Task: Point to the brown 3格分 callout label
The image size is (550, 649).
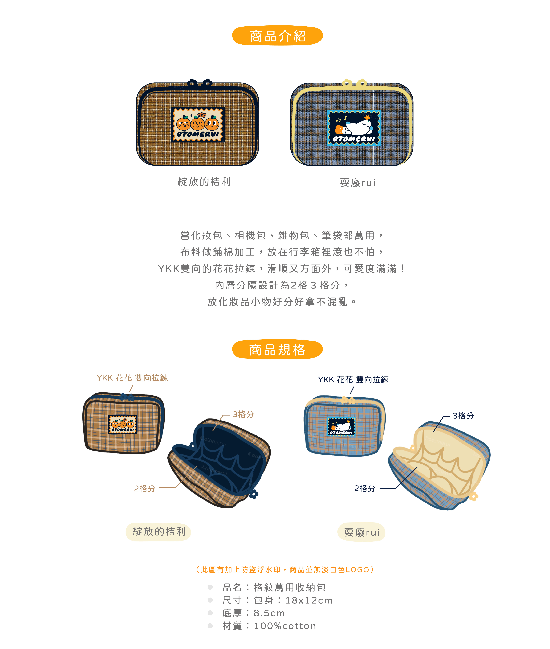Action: tap(243, 414)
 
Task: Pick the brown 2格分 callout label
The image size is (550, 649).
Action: tap(145, 488)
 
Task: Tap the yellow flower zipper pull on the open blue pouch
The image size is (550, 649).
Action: tap(474, 496)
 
